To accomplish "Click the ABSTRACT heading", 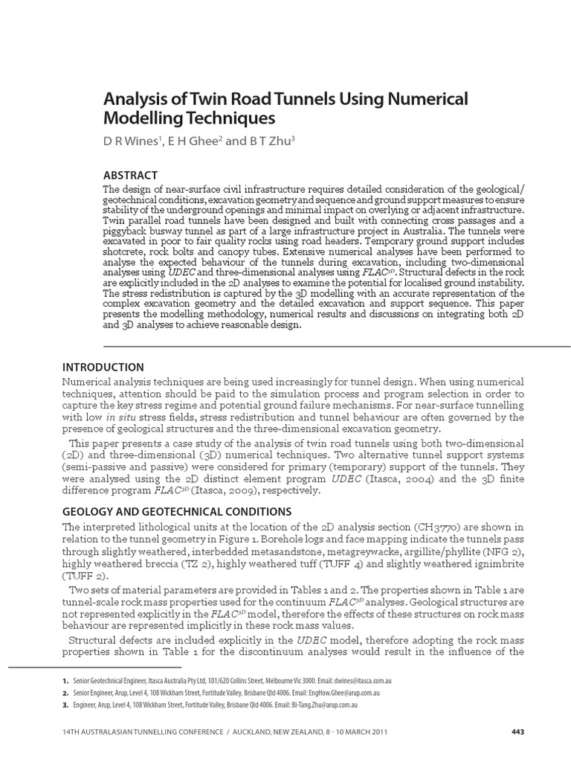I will coord(130,176).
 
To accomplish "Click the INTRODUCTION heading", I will coord(103,367).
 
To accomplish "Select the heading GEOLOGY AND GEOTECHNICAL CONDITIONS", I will coord(176,511).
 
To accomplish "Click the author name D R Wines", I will coord(130,142).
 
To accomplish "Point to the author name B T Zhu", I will coord(254,142).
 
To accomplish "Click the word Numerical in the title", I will coord(430,98).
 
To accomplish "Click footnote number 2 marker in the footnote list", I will coord(65,693).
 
